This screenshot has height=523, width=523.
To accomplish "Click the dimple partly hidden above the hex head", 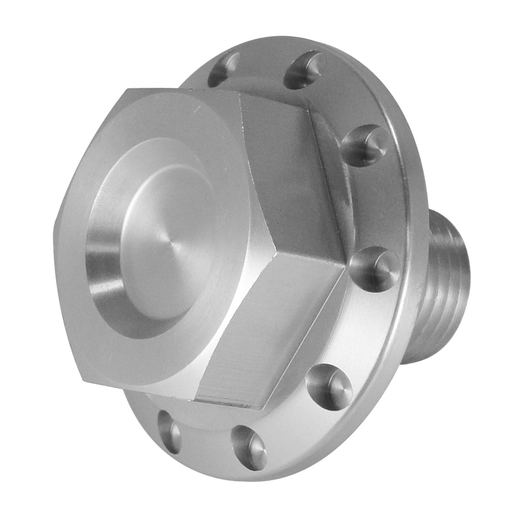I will (224, 69).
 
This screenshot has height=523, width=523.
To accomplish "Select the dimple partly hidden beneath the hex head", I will (170, 432).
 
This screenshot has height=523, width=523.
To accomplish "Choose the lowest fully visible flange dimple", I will (249, 447).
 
